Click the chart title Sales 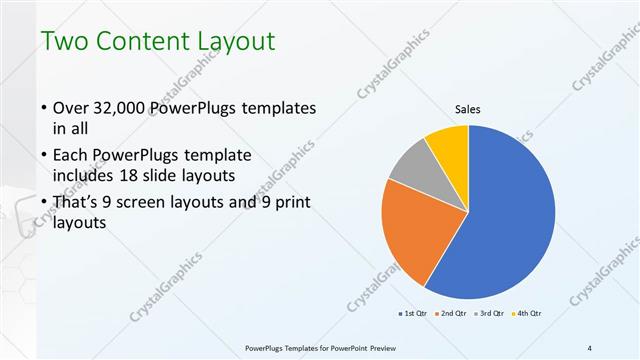click(x=468, y=109)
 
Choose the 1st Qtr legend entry click(x=414, y=314)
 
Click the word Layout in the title click(x=239, y=43)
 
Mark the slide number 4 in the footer click(x=590, y=348)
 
